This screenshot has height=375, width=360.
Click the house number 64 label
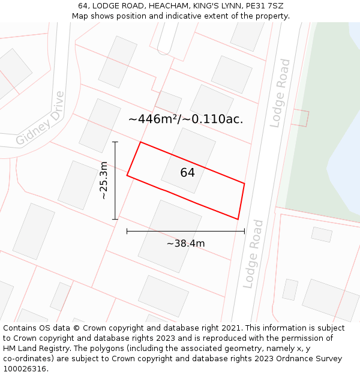point(187,173)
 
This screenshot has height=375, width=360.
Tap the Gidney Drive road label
point(40,119)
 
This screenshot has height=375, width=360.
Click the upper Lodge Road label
point(279,93)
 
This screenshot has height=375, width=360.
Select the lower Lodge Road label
point(254,254)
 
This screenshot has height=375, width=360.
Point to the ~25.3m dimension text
point(103,181)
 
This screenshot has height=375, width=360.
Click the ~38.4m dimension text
point(185,244)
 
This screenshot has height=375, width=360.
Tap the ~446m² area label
point(185,119)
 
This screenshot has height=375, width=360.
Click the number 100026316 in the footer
point(24,369)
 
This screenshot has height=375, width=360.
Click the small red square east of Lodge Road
point(299,118)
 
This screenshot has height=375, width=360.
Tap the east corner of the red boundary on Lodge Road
point(244,184)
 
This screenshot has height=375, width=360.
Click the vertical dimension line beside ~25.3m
point(115,181)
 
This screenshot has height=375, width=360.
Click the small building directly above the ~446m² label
point(169,101)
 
